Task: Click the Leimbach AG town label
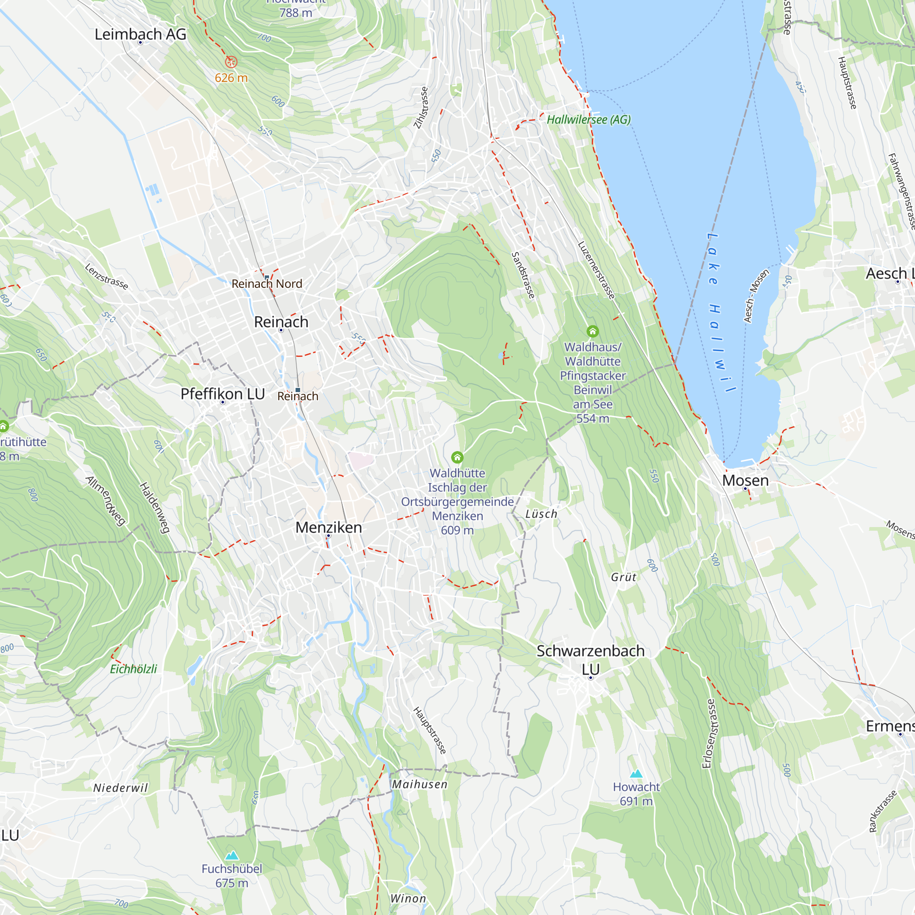point(140,34)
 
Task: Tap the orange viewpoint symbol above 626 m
point(231,62)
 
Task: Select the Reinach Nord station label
point(267,284)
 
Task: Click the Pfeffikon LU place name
point(223,394)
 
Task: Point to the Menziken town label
point(328,527)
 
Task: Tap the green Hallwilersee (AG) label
point(589,120)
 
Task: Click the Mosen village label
point(745,480)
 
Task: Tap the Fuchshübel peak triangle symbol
point(231,856)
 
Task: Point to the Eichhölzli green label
point(133,669)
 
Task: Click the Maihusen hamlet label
point(420,785)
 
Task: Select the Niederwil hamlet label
point(120,788)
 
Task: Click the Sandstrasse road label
point(523,275)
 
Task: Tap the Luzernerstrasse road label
point(596,270)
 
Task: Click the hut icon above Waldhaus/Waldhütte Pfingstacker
point(592,331)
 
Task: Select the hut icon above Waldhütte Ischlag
point(457,457)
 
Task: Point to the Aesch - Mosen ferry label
point(756,296)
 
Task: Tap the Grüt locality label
point(623,577)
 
